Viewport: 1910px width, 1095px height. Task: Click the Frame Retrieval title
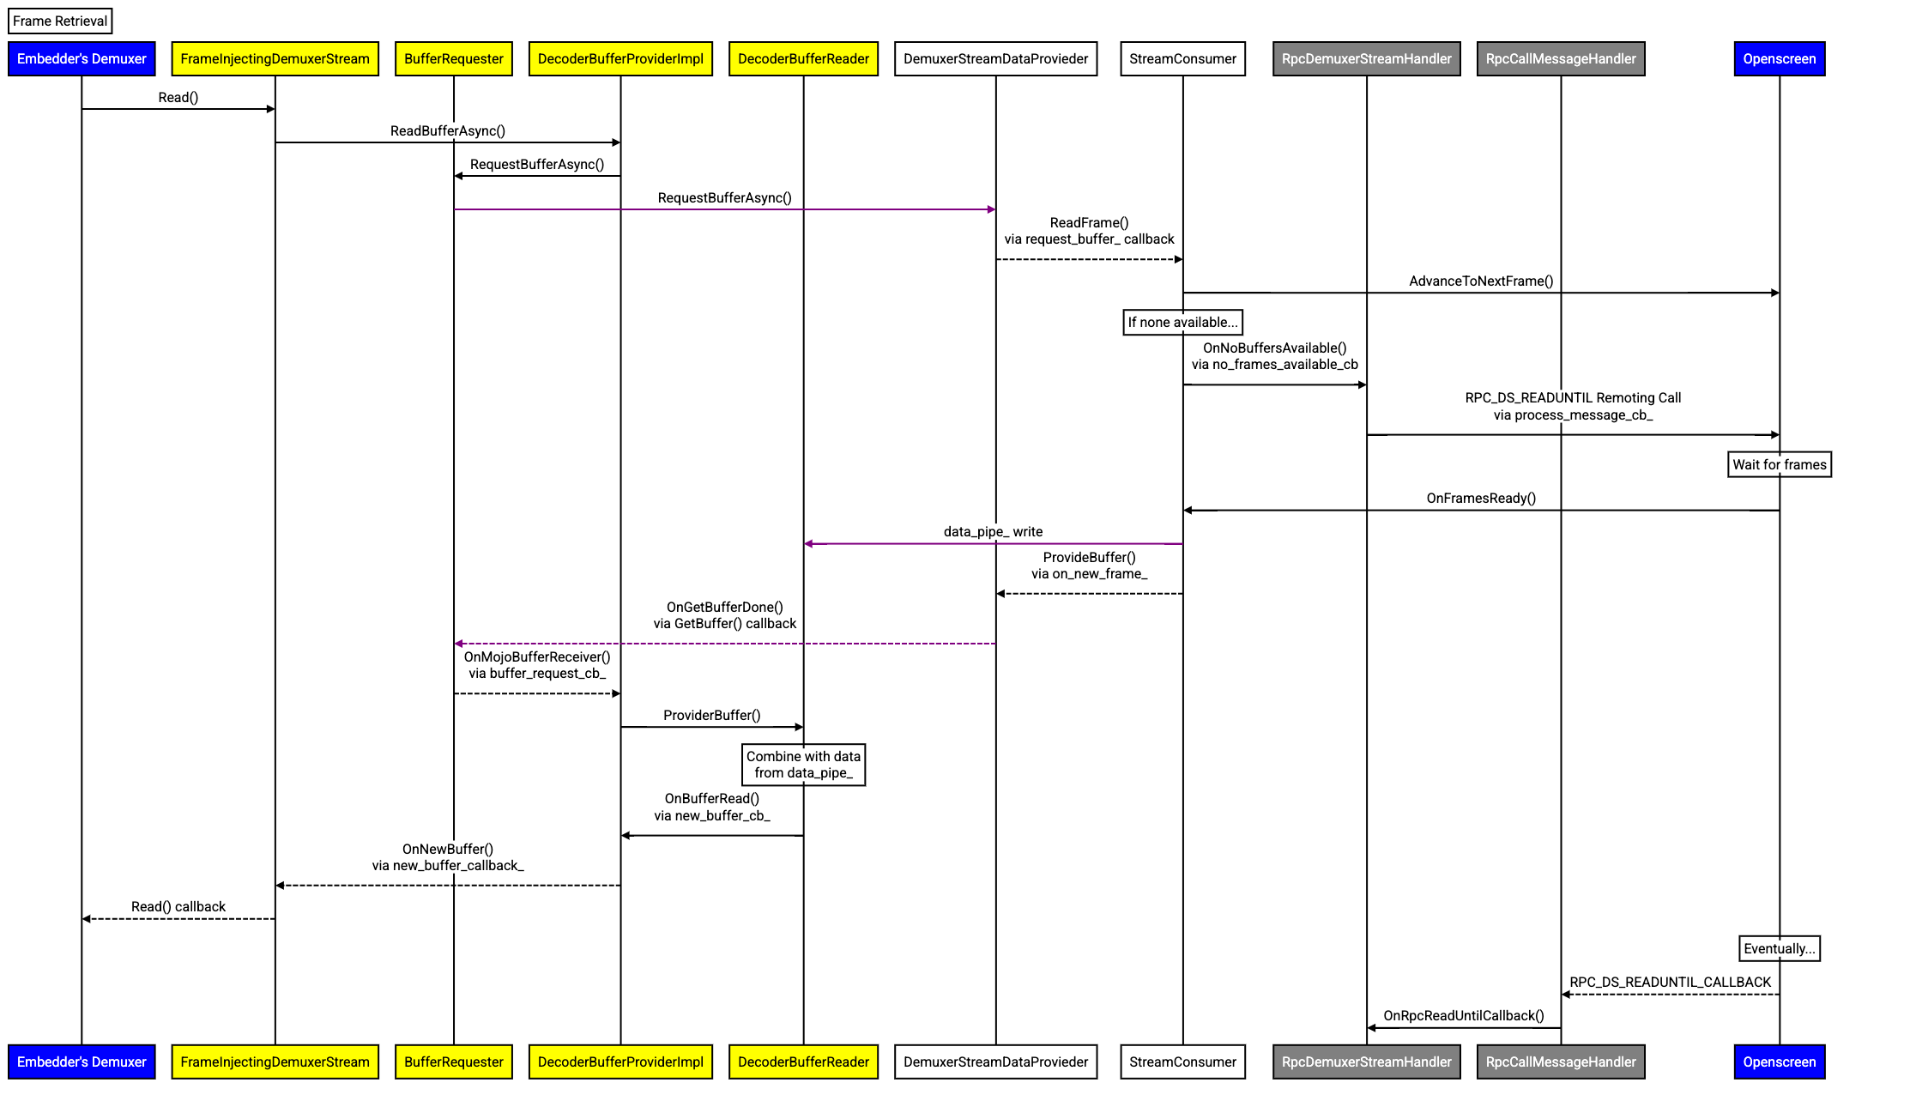60,21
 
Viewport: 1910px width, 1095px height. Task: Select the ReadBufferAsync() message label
448,131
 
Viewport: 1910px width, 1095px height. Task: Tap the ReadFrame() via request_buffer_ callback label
1089,231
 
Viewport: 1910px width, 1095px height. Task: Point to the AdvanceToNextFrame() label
1481,281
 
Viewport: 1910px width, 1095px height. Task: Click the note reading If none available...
1182,323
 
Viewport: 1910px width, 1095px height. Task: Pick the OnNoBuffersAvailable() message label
1274,356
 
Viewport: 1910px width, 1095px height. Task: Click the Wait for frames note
1780,465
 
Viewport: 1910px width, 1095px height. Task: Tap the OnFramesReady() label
1481,499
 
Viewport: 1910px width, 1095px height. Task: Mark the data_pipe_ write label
993,532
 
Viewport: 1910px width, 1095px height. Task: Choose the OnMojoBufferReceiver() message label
537,665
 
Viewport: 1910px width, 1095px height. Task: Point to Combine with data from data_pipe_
803,765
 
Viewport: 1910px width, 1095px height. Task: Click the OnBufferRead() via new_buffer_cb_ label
712,808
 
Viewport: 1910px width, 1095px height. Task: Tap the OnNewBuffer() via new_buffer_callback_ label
448,857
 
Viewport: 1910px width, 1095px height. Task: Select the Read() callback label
178,907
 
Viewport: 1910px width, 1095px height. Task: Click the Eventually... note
1780,949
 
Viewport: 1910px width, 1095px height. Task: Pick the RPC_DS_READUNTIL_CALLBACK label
1670,983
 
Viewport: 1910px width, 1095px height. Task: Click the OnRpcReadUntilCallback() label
1464,1016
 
